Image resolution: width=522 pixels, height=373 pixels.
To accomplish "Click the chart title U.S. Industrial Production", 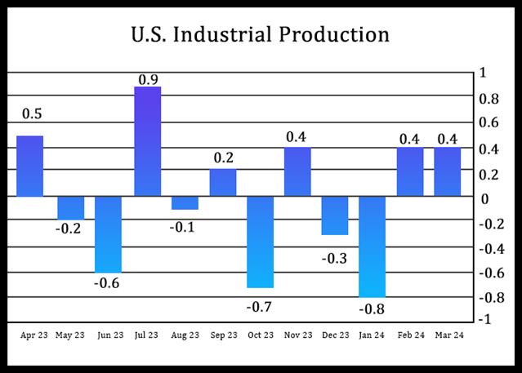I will click(x=261, y=35).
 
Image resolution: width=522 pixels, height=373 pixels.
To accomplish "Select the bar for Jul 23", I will click(x=147, y=141).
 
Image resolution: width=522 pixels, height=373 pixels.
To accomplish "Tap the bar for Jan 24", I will click(x=372, y=246).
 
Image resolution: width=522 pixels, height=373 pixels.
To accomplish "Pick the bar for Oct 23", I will click(x=260, y=242).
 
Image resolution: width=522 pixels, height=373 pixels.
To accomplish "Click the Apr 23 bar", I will click(x=30, y=166).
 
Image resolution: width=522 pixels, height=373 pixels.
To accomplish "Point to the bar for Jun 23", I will click(x=109, y=234).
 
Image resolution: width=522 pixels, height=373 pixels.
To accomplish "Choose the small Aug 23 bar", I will click(x=185, y=203).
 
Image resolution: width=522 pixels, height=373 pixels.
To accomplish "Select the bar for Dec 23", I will click(x=335, y=215).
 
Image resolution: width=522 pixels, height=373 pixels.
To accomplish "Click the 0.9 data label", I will click(x=147, y=78).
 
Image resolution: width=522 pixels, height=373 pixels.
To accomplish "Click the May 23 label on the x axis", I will click(x=69, y=335).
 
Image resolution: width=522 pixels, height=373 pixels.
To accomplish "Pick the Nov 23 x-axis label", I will click(x=297, y=335).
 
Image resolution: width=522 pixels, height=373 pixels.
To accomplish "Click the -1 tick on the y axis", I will click(x=486, y=320).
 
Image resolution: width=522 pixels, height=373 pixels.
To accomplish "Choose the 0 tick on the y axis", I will click(x=485, y=198).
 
